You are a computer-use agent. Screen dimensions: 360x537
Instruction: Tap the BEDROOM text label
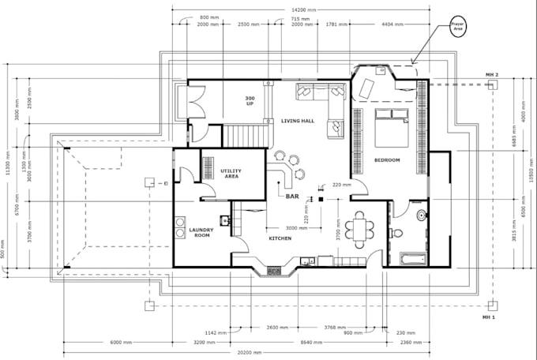point(387,160)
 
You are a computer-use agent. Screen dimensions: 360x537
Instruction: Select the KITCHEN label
point(280,238)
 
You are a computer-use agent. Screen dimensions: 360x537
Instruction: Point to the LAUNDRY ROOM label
point(200,233)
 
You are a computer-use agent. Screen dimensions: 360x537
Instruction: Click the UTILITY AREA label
point(231,173)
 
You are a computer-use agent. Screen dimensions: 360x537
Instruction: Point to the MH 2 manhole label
point(491,75)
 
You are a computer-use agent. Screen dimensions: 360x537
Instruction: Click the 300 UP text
point(250,100)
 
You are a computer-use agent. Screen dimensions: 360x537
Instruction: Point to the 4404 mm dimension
point(383,24)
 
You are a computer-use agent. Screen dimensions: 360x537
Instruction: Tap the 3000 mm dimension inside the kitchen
point(296,227)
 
